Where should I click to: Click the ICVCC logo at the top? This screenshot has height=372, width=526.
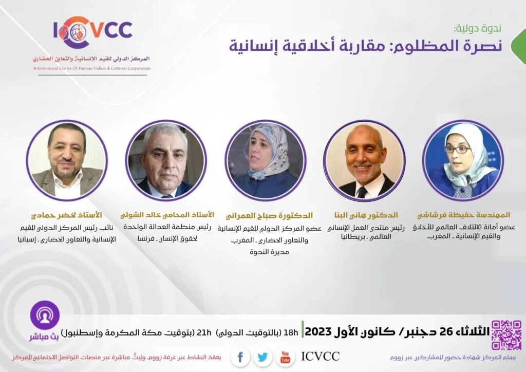pos(93,32)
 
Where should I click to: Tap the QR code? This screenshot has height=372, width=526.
pos(506,335)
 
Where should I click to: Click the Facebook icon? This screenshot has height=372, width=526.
pos(240,357)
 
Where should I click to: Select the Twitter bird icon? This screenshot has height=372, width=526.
pos(262,357)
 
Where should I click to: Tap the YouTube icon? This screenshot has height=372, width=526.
pos(285,357)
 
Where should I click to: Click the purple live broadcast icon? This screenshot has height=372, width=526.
pos(45,315)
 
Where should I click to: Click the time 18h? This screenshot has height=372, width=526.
pos(291,332)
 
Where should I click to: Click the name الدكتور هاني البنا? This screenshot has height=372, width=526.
pos(366,215)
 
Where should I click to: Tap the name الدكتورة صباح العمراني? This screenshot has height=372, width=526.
pos(269,216)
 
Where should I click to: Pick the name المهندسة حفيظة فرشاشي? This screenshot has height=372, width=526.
pos(464,215)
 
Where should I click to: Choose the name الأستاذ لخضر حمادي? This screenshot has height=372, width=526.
pos(66,215)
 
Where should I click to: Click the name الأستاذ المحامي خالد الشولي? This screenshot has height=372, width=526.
pos(167,215)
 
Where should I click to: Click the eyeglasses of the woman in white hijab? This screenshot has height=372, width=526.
pos(458,149)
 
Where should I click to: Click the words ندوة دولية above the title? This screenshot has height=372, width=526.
pos(477,28)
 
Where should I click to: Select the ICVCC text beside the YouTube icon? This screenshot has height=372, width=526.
pos(321,356)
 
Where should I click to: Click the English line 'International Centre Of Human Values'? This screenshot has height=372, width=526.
pos(92,68)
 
